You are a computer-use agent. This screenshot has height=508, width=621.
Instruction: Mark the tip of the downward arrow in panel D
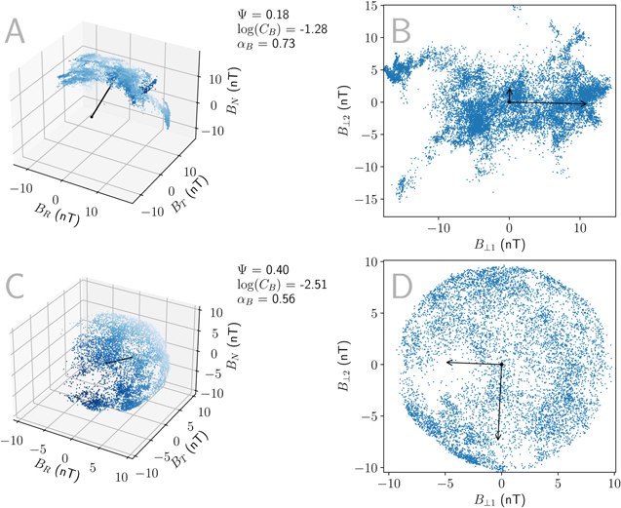498,441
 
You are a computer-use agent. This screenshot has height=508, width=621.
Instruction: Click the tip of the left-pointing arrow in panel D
446,362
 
